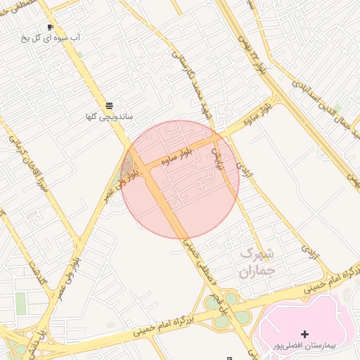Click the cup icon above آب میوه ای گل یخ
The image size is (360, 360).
(50, 27)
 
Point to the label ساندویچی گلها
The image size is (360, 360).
(109, 116)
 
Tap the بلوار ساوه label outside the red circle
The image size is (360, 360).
(257, 111)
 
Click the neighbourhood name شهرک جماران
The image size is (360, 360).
(258, 262)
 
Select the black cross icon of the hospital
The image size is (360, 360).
(304, 333)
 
